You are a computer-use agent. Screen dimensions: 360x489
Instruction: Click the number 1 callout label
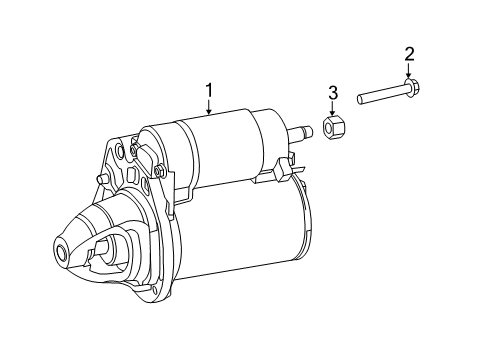(210, 91)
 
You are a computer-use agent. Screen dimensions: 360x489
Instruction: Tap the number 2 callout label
(408, 53)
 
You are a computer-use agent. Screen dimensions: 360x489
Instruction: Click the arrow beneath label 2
(408, 69)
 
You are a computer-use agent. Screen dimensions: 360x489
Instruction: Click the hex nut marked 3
(333, 128)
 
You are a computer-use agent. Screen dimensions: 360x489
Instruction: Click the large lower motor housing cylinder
(240, 235)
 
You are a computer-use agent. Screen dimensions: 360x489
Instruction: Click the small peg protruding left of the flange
(102, 180)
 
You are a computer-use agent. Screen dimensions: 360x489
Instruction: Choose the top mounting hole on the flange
(120, 152)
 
